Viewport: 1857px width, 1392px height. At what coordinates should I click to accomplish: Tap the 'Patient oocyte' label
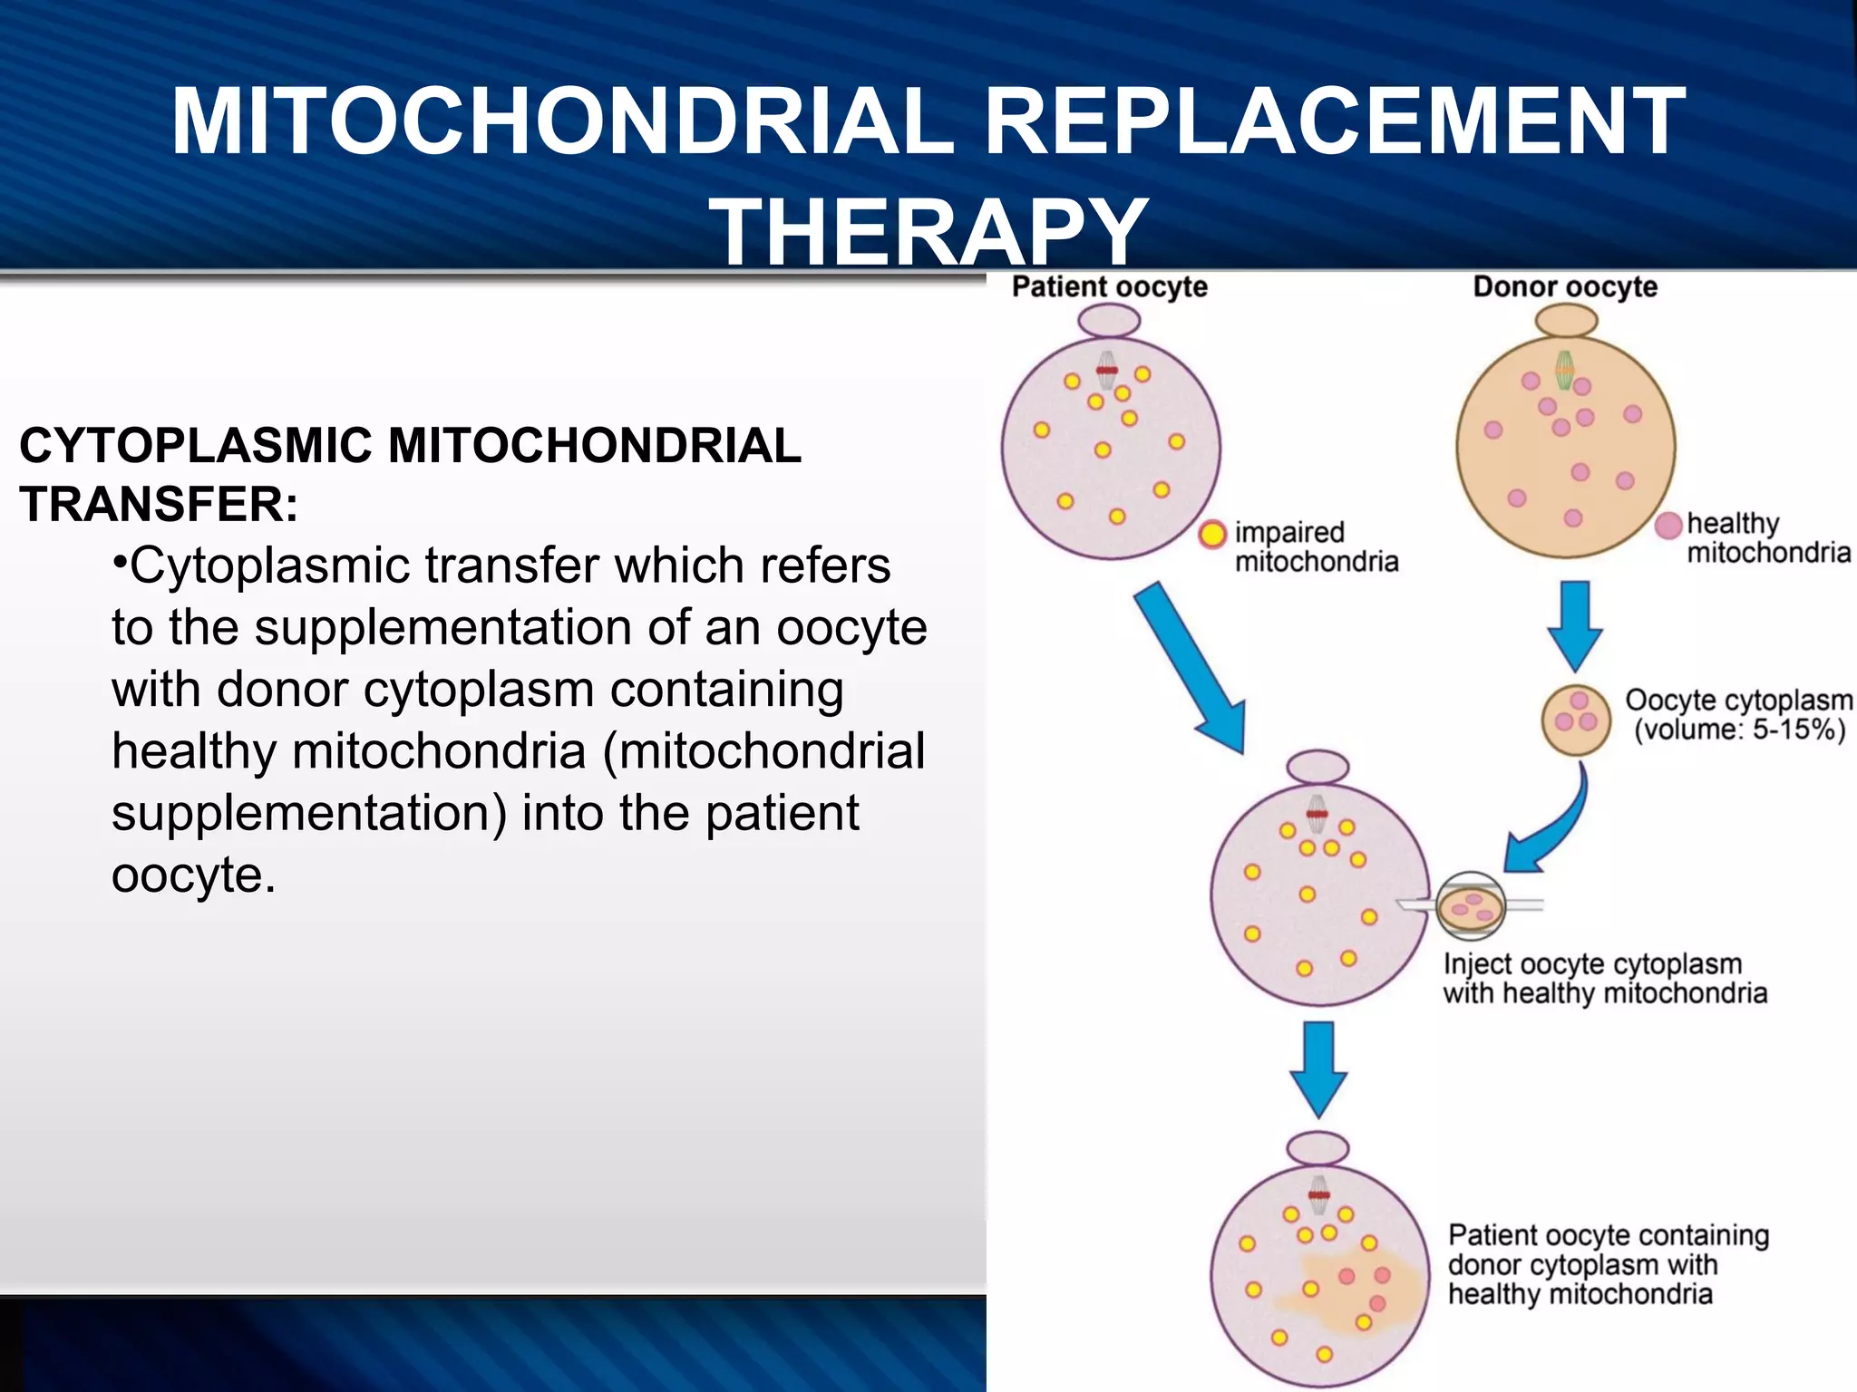[1109, 286]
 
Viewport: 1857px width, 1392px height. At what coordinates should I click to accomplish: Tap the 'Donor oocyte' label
[1565, 286]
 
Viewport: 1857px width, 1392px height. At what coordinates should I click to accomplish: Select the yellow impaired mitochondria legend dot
[1212, 535]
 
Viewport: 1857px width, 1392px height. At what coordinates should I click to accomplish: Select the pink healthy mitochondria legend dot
[1668, 526]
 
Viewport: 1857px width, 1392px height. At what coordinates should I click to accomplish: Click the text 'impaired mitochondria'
[1315, 546]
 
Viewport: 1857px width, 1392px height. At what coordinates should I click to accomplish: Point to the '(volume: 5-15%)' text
[1739, 730]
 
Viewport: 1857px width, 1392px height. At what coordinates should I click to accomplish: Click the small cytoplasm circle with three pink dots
[1576, 720]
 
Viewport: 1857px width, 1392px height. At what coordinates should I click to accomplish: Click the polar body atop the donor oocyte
[1566, 321]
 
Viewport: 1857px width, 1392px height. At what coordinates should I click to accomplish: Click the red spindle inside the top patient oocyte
[1106, 370]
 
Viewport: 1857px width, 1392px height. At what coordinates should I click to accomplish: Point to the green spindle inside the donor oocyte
[1564, 369]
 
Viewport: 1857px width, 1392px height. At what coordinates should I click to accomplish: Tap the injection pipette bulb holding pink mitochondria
[1470, 905]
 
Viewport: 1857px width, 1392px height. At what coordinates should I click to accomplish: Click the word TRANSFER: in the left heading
[159, 504]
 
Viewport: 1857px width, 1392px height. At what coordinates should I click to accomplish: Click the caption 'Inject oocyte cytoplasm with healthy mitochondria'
[1604, 979]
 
